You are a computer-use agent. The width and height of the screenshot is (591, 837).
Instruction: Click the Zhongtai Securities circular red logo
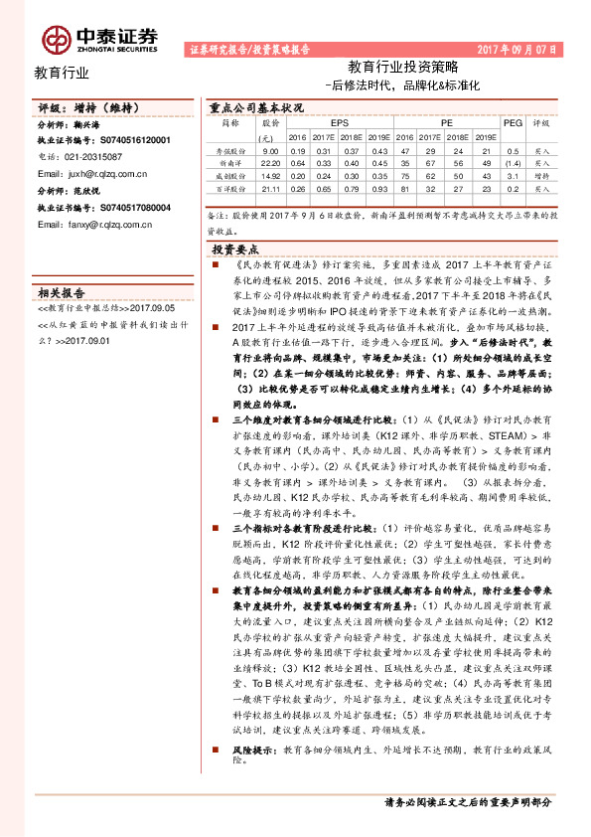pos(57,38)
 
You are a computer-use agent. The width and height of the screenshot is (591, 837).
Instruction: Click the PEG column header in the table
pos(513,123)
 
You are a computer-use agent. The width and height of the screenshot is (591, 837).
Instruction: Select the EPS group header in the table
pos(325,123)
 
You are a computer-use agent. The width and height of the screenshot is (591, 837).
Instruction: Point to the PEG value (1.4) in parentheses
pos(513,160)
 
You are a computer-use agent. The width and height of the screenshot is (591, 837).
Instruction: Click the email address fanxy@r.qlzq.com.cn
pos(93,226)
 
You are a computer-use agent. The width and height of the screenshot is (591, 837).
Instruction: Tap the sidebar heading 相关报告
pos(61,292)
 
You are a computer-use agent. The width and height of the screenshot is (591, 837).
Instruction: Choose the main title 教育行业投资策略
pos(403,68)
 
